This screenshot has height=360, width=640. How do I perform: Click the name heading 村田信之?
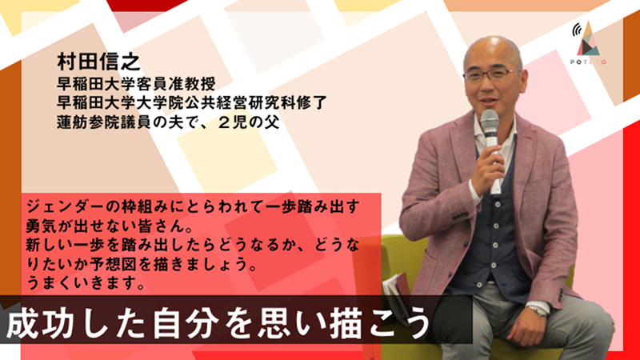click(98, 62)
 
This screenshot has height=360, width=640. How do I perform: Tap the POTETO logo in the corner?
click(588, 43)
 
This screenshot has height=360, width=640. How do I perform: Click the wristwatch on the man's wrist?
click(537, 310)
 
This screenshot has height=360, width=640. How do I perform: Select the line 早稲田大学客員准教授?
click(136, 84)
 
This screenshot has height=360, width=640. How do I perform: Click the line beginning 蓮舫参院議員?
click(168, 122)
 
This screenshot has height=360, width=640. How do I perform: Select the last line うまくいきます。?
click(86, 282)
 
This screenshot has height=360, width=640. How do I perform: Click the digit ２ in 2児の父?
click(226, 122)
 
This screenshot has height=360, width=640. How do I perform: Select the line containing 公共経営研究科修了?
click(192, 103)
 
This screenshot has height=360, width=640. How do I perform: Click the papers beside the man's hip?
click(396, 294)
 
